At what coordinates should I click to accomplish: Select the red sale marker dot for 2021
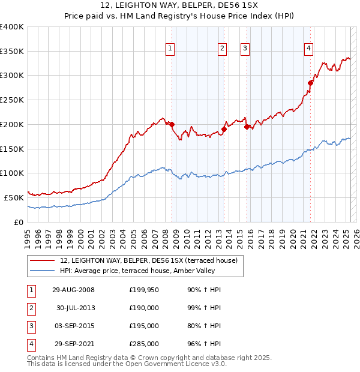click(x=311, y=83)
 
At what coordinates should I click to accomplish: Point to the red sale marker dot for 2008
click(x=172, y=125)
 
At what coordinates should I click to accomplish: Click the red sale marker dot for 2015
click(x=247, y=127)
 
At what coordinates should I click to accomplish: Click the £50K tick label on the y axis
click(x=14, y=197)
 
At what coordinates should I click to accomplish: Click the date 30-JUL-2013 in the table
click(x=75, y=308)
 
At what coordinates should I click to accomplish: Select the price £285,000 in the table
click(x=144, y=344)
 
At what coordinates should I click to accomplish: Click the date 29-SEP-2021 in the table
click(x=75, y=344)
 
